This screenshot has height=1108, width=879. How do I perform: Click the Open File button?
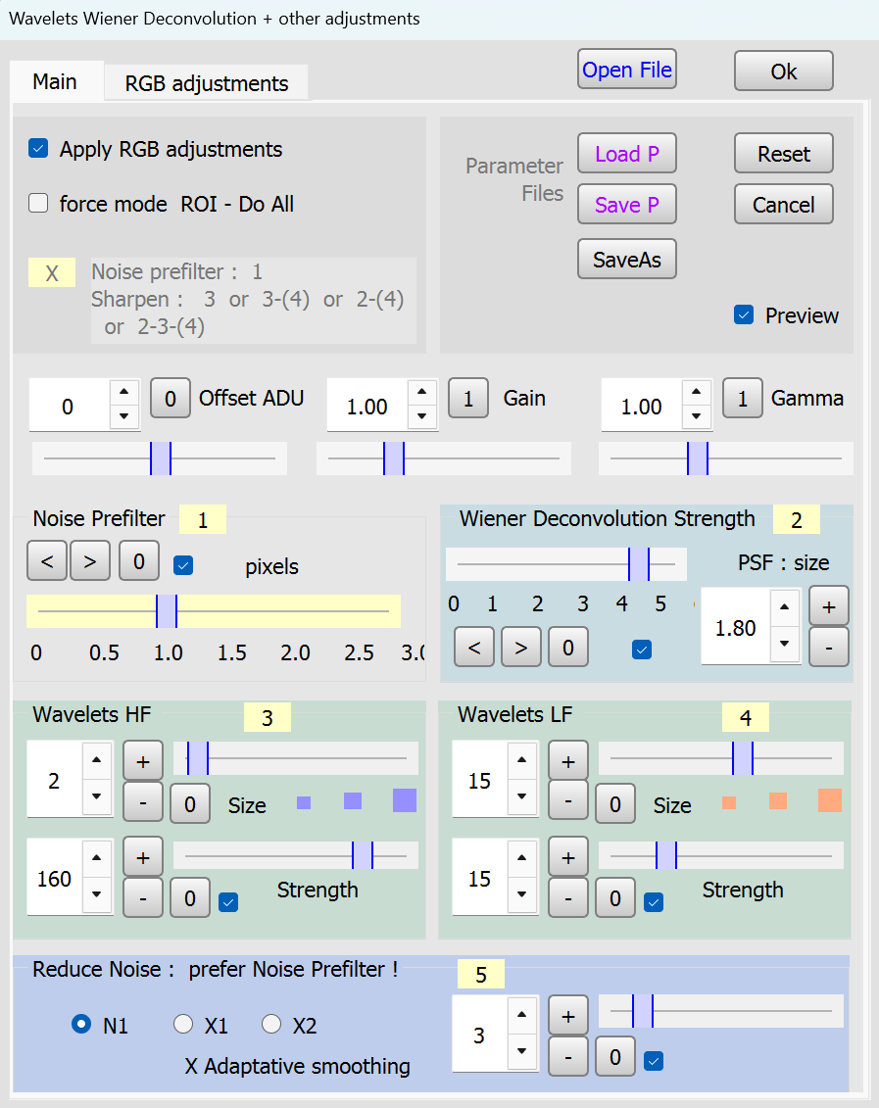pyautogui.click(x=627, y=70)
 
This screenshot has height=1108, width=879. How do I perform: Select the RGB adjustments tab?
pyautogui.click(x=207, y=83)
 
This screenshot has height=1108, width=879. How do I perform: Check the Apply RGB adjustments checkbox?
pyautogui.click(x=38, y=148)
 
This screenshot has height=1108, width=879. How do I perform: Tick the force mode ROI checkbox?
pyautogui.click(x=38, y=204)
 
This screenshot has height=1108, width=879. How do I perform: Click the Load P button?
pyautogui.click(x=627, y=154)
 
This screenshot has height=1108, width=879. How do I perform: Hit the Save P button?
pyautogui.click(x=627, y=204)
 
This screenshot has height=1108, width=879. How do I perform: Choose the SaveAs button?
pyautogui.click(x=627, y=260)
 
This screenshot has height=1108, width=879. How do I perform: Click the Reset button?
pyautogui.click(x=784, y=154)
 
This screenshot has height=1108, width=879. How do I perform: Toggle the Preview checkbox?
pyautogui.click(x=744, y=314)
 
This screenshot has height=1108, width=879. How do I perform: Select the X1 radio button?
pyautogui.click(x=183, y=1024)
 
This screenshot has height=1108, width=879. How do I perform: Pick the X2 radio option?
pyautogui.click(x=271, y=1024)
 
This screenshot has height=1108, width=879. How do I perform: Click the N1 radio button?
pyautogui.click(x=81, y=1024)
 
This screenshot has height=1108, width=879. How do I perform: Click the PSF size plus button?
pyautogui.click(x=829, y=606)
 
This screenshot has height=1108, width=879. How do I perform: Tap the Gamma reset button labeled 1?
pyautogui.click(x=743, y=398)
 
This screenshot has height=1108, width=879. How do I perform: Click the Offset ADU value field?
pyautogui.click(x=69, y=406)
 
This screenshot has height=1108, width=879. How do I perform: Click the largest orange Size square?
pyautogui.click(x=830, y=800)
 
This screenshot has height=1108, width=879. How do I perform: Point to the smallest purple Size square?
pyautogui.click(x=304, y=802)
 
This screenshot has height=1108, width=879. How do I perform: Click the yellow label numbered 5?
pyautogui.click(x=481, y=974)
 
